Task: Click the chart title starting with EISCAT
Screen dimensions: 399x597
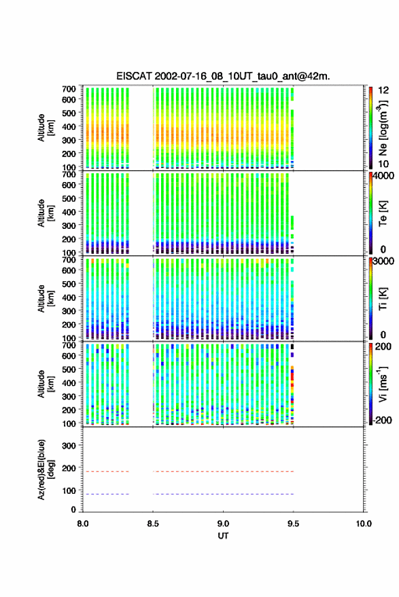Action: (x=223, y=76)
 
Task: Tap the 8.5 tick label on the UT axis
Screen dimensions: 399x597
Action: (x=153, y=524)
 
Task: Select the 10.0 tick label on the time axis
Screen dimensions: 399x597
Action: (x=364, y=524)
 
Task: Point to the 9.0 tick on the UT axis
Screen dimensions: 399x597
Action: (x=223, y=524)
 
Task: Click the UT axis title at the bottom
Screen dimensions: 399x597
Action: (x=223, y=536)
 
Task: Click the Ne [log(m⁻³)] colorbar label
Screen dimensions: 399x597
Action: (x=383, y=128)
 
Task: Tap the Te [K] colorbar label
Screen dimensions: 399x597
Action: (x=383, y=213)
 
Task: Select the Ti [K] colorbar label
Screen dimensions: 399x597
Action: (x=383, y=299)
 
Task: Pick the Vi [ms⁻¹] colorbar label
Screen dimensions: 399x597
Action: (x=383, y=384)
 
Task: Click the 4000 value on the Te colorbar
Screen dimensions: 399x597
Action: (x=383, y=176)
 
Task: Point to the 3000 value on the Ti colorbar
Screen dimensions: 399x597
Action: (x=383, y=261)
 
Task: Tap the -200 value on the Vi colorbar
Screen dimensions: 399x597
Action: (x=381, y=420)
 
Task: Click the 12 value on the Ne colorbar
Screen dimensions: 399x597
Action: (x=384, y=90)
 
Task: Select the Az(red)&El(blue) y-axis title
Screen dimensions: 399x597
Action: (x=46, y=469)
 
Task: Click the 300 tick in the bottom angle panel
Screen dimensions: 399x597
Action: (x=69, y=446)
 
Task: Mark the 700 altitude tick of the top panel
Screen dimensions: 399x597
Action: (x=69, y=89)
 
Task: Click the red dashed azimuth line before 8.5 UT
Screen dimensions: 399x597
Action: (x=106, y=471)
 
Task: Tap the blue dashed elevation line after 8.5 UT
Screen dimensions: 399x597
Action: (x=223, y=494)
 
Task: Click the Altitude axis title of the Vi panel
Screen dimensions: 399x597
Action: (x=46, y=384)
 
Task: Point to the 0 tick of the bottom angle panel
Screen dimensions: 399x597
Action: (x=73, y=509)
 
